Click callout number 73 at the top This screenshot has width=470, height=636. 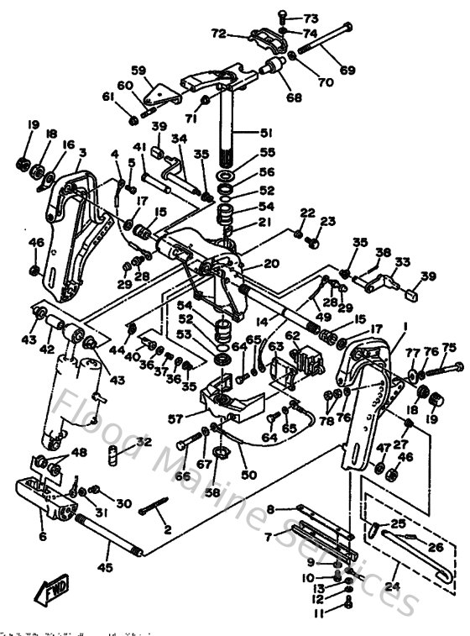[x=311, y=18]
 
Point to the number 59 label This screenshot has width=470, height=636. [x=138, y=70]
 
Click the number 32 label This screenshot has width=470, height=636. [x=144, y=441]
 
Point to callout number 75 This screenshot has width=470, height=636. [x=449, y=347]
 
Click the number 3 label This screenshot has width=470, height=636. [x=82, y=153]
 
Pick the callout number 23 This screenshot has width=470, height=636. [x=326, y=221]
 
